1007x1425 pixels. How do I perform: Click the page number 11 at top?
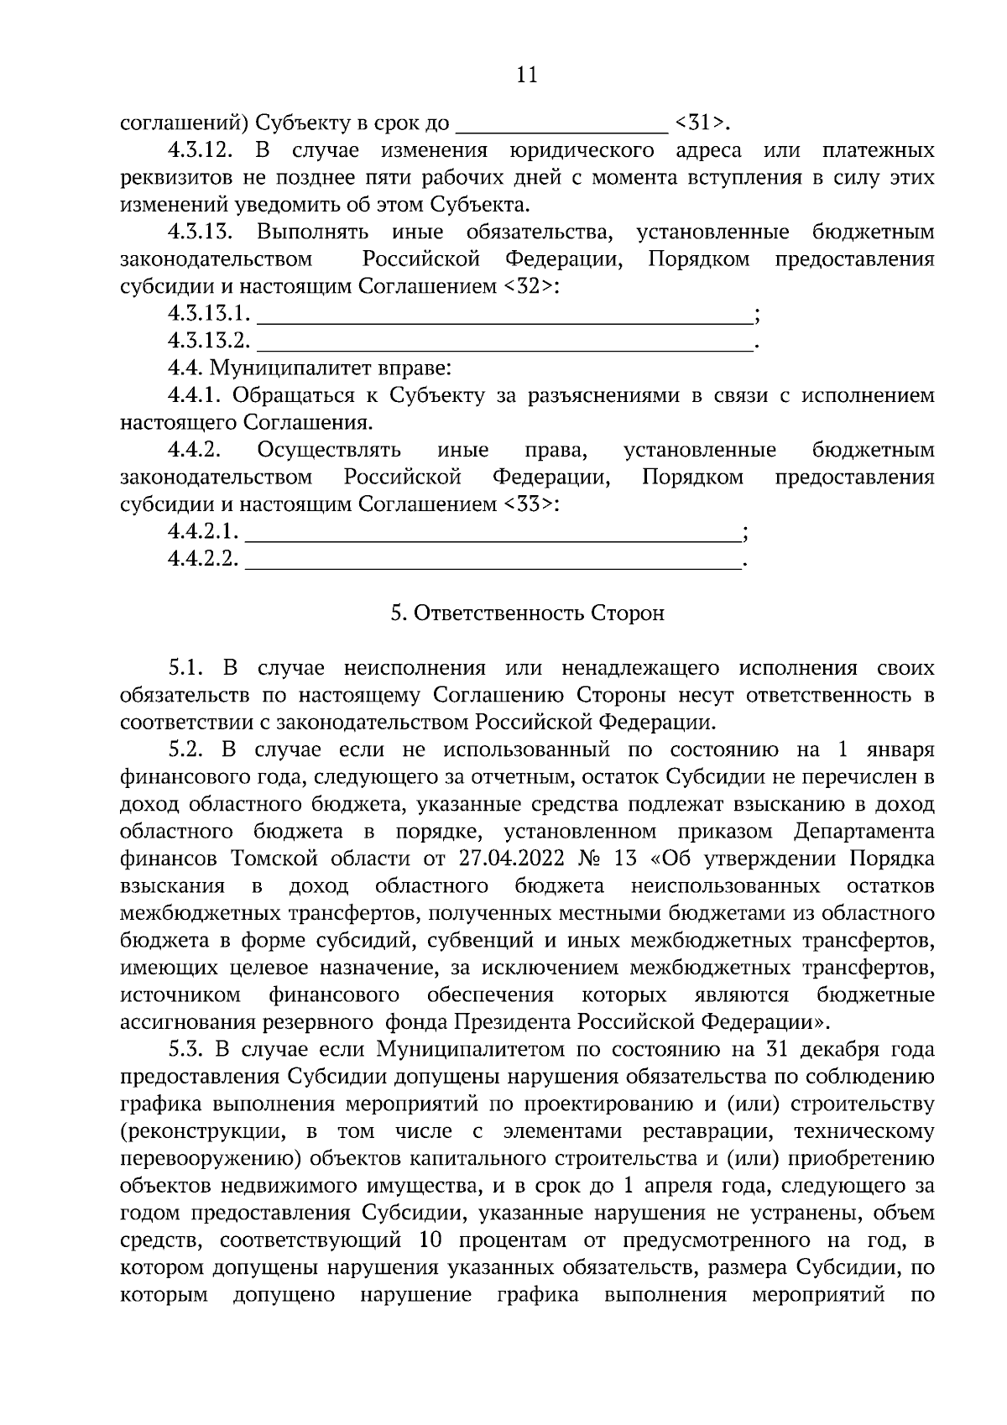[526, 76]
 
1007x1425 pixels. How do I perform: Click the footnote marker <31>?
[701, 123]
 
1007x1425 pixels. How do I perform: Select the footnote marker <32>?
[530, 287]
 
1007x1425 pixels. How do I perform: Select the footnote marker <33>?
[530, 505]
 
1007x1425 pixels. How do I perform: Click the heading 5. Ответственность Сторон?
[527, 613]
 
